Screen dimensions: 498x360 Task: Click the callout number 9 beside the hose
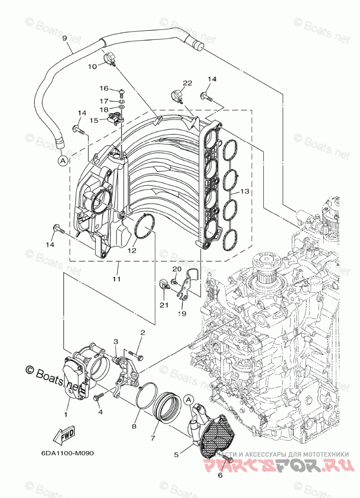pyautogui.click(x=65, y=38)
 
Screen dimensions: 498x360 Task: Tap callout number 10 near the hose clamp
pyautogui.click(x=92, y=66)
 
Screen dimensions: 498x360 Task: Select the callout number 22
pyautogui.click(x=187, y=83)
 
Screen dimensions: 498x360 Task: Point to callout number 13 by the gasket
pyautogui.click(x=245, y=192)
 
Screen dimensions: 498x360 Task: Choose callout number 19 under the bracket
pyautogui.click(x=182, y=313)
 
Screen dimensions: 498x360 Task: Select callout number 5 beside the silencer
pyautogui.click(x=176, y=454)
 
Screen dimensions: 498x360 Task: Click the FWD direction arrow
pyautogui.click(x=65, y=434)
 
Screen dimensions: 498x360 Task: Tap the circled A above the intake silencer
pyautogui.click(x=188, y=399)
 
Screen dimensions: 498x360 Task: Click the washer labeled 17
pyautogui.click(x=122, y=107)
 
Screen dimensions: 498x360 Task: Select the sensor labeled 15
pyautogui.click(x=116, y=118)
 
